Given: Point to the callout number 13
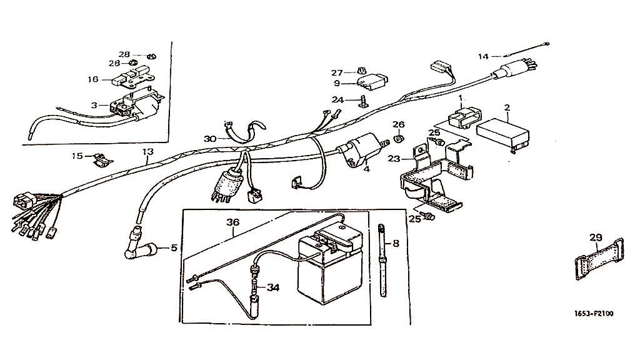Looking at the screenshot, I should (147, 152).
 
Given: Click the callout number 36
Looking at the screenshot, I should (233, 222).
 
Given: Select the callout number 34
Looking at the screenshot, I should (272, 287).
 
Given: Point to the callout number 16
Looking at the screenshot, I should (93, 79).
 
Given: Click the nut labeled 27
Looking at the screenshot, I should (362, 71).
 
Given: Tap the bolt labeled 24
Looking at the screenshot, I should (362, 100).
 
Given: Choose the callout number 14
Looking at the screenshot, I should (484, 57).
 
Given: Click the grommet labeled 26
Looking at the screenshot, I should (400, 136).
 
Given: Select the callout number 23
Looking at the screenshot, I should (393, 159).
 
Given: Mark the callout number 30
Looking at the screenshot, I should (209, 138).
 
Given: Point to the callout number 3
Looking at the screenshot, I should (94, 106).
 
